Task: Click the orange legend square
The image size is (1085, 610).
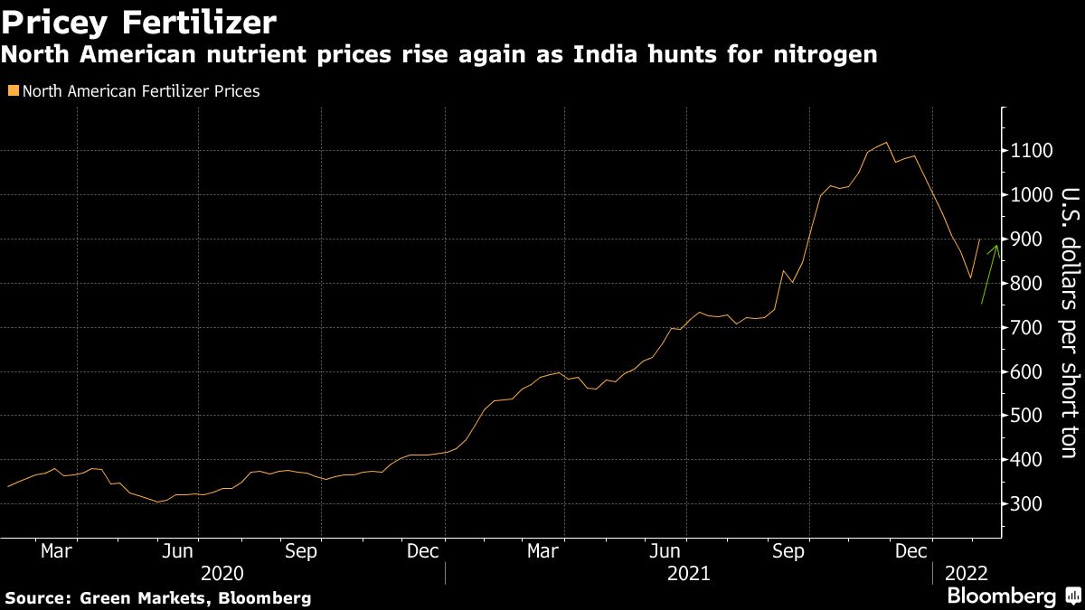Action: coord(11,91)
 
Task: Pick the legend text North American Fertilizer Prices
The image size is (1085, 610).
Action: coord(140,91)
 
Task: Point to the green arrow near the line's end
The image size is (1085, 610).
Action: coord(990,274)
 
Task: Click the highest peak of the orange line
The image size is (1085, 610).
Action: coord(886,142)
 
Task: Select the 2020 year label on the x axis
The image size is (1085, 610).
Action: coord(222,573)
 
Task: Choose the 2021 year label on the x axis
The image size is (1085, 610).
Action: coord(689,573)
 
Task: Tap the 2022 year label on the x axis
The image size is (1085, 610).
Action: coord(966,573)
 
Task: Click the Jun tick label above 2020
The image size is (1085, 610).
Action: coord(181,550)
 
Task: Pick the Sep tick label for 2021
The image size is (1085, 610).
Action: coord(788,550)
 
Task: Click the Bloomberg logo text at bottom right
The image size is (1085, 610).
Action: coord(1000,596)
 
